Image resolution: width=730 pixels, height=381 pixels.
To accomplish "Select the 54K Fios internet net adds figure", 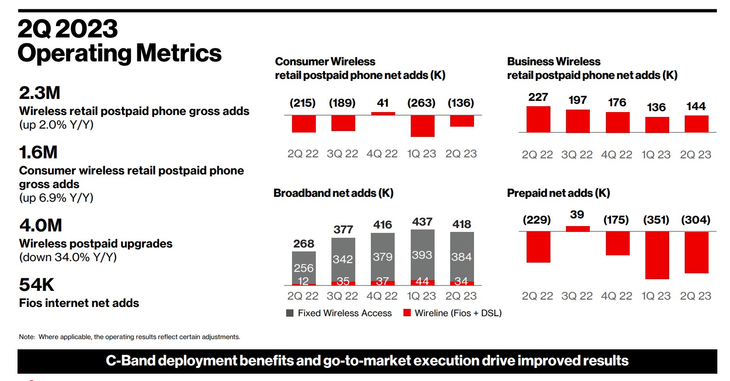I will [37, 285].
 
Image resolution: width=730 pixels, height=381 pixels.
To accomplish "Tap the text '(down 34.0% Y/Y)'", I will [68, 257].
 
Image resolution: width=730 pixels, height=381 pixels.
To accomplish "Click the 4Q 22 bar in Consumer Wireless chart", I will [383, 114].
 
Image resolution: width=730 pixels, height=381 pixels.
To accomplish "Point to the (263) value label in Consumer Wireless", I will [422, 103].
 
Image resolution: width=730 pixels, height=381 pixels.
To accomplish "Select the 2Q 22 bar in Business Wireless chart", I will [538, 119].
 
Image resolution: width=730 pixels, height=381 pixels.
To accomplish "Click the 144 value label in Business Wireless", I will [696, 107].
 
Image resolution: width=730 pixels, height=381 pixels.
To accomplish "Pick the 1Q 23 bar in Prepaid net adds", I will [657, 255].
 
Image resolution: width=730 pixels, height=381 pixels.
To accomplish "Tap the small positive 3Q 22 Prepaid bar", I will [578, 229].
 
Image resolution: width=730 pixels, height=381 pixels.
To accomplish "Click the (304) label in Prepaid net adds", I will [696, 220].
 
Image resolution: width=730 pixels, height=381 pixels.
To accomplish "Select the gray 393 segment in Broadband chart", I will [422, 254].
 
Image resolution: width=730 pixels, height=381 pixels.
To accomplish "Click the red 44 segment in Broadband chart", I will [422, 282].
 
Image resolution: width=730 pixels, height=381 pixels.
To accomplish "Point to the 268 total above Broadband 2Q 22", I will [304, 244].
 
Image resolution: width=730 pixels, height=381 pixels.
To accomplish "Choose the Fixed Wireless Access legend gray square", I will [290, 313].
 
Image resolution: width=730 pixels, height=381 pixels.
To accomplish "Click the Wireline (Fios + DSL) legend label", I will [458, 313].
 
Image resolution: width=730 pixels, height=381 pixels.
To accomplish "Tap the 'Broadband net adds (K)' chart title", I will [333, 193].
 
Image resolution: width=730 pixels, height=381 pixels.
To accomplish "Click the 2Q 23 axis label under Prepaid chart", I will [696, 296].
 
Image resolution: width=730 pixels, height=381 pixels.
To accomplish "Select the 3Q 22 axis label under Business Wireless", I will [578, 154].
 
